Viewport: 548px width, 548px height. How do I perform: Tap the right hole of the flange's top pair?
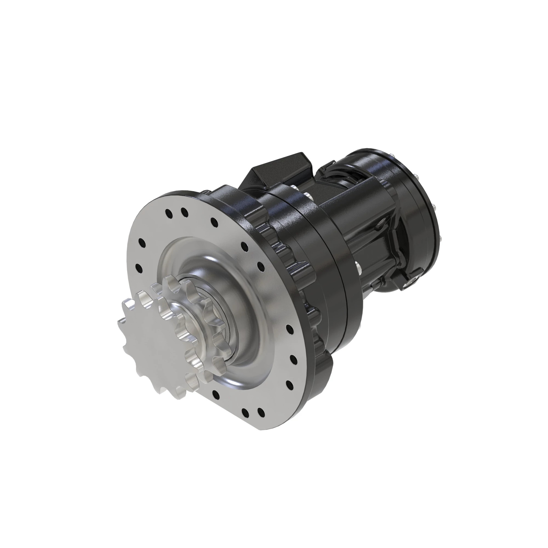point(184,211)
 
